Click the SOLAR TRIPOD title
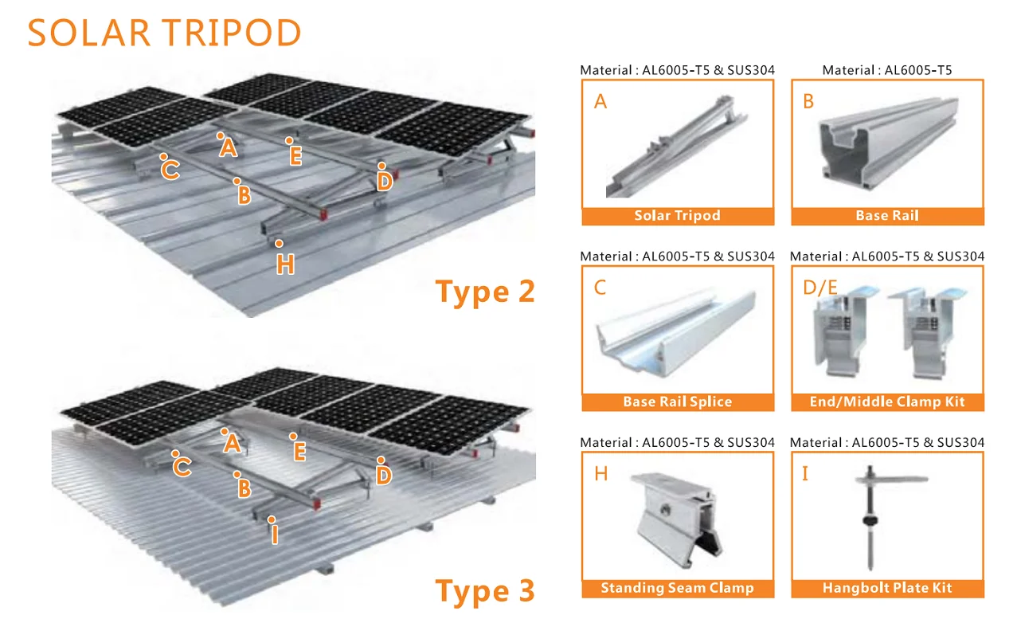pyautogui.click(x=164, y=33)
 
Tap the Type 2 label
pyautogui.click(x=485, y=292)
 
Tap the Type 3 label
pyautogui.click(x=485, y=591)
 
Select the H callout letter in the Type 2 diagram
pyautogui.click(x=286, y=264)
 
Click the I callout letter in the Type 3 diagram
pyautogui.click(x=274, y=534)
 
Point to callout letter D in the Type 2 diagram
pyautogui.click(x=385, y=182)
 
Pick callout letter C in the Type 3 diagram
pyautogui.click(x=182, y=468)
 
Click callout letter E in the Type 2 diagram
pyautogui.click(x=296, y=156)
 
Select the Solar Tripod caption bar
pyautogui.click(x=678, y=216)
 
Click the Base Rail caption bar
pyautogui.click(x=888, y=216)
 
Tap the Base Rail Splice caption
pyautogui.click(x=678, y=402)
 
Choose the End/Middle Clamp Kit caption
pyautogui.click(x=888, y=402)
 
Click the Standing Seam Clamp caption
pyautogui.click(x=678, y=588)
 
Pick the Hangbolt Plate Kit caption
pyautogui.click(x=888, y=588)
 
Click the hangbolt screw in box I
pyautogui.click(x=870, y=518)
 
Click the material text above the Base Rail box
pyautogui.click(x=887, y=70)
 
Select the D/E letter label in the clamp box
pyautogui.click(x=820, y=288)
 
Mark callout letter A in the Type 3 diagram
pyautogui.click(x=232, y=443)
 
